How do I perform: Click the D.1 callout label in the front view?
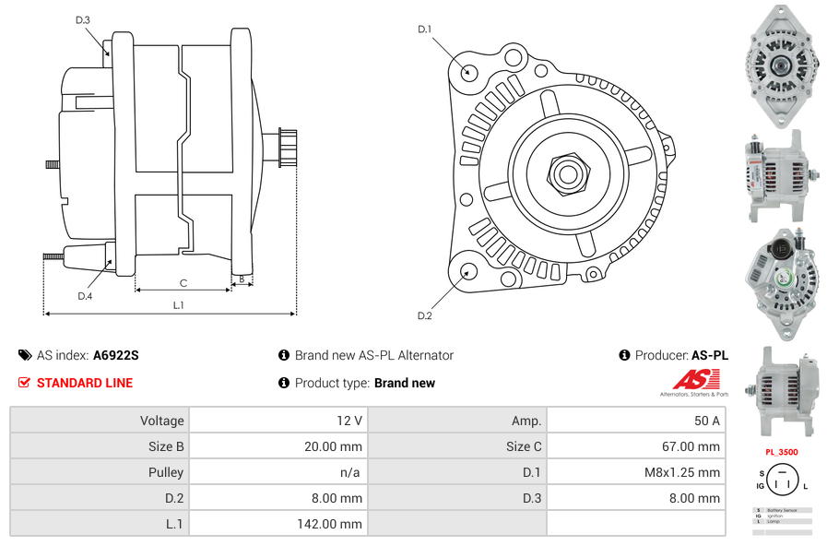(x=424, y=30)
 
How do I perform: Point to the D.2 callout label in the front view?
(x=424, y=316)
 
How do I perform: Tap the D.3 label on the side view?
(x=82, y=20)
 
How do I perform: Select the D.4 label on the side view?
(x=85, y=296)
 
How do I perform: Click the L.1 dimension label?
(x=179, y=305)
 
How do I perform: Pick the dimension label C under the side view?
(x=183, y=283)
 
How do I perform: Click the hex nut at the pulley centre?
(x=567, y=172)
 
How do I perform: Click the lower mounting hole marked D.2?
(x=468, y=271)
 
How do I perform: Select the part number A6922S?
(x=115, y=355)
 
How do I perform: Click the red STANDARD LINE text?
(x=85, y=383)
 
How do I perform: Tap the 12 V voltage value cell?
(x=349, y=421)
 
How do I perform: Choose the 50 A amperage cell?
(x=706, y=421)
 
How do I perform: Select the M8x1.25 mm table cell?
(x=681, y=472)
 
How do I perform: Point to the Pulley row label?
(x=166, y=472)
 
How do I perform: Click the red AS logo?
(x=690, y=379)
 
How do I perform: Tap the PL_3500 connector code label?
(x=782, y=453)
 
